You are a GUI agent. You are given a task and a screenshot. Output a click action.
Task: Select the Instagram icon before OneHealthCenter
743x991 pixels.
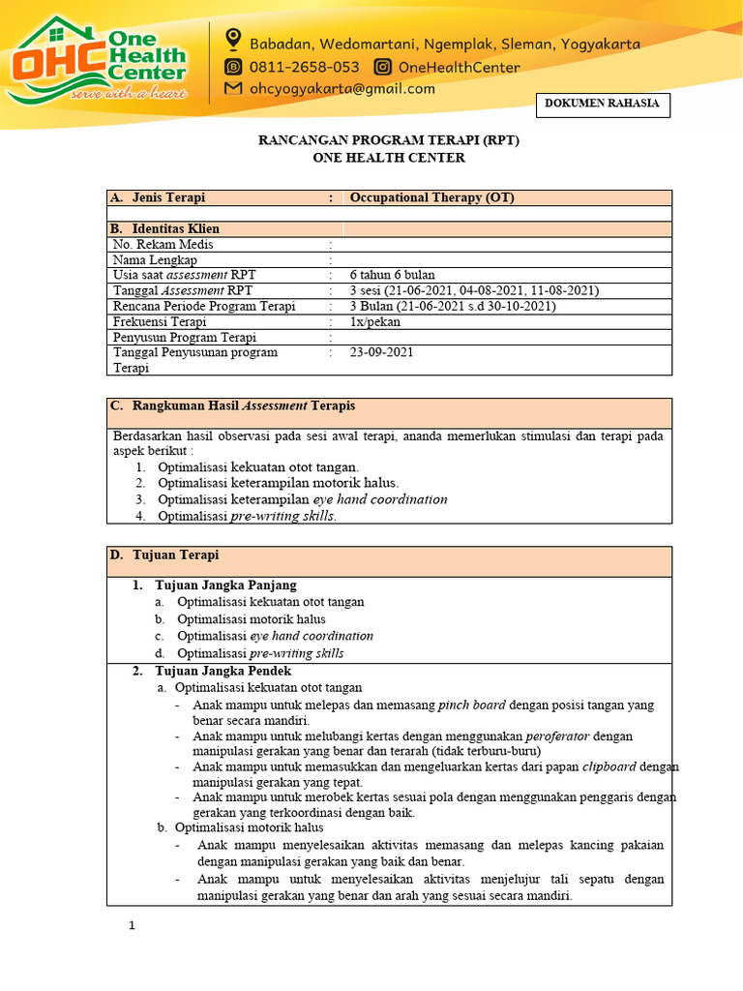pyautogui.click(x=383, y=67)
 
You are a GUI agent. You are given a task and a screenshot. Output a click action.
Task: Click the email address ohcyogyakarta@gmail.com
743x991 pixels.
pyautogui.click(x=342, y=89)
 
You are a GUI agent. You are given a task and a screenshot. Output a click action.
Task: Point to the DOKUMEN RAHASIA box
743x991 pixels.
pyautogui.click(x=603, y=105)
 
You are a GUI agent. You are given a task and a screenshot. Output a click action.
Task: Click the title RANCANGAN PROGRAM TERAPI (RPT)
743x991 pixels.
pyautogui.click(x=388, y=140)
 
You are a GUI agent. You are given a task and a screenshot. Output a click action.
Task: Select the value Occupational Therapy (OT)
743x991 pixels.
pyautogui.click(x=431, y=197)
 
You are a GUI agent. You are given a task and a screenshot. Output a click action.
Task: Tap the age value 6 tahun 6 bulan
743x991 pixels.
pyautogui.click(x=393, y=275)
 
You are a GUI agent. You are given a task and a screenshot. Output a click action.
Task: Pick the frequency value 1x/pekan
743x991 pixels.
pyautogui.click(x=373, y=321)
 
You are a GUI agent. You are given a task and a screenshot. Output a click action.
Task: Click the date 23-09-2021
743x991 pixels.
pyautogui.click(x=381, y=352)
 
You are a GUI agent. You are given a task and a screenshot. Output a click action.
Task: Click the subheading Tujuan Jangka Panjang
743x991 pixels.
pyautogui.click(x=225, y=586)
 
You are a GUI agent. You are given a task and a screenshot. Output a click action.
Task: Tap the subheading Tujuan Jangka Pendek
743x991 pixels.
pyautogui.click(x=223, y=671)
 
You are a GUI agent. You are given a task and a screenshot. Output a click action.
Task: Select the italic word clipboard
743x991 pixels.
pyautogui.click(x=609, y=766)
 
